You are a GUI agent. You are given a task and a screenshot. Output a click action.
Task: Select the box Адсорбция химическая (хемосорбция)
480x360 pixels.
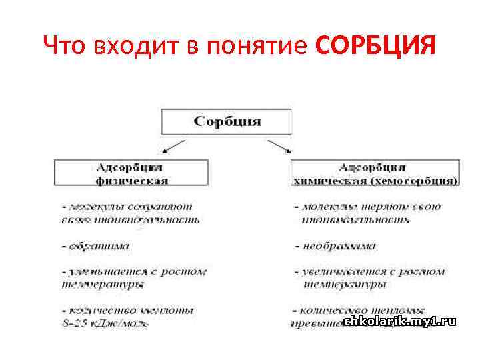[375, 173]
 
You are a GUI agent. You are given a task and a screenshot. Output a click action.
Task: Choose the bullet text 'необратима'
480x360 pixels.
[339, 246]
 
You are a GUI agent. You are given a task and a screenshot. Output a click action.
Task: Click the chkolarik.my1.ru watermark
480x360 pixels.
[400, 321]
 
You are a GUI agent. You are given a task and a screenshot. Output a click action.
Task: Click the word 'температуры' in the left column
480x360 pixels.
[104, 284]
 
